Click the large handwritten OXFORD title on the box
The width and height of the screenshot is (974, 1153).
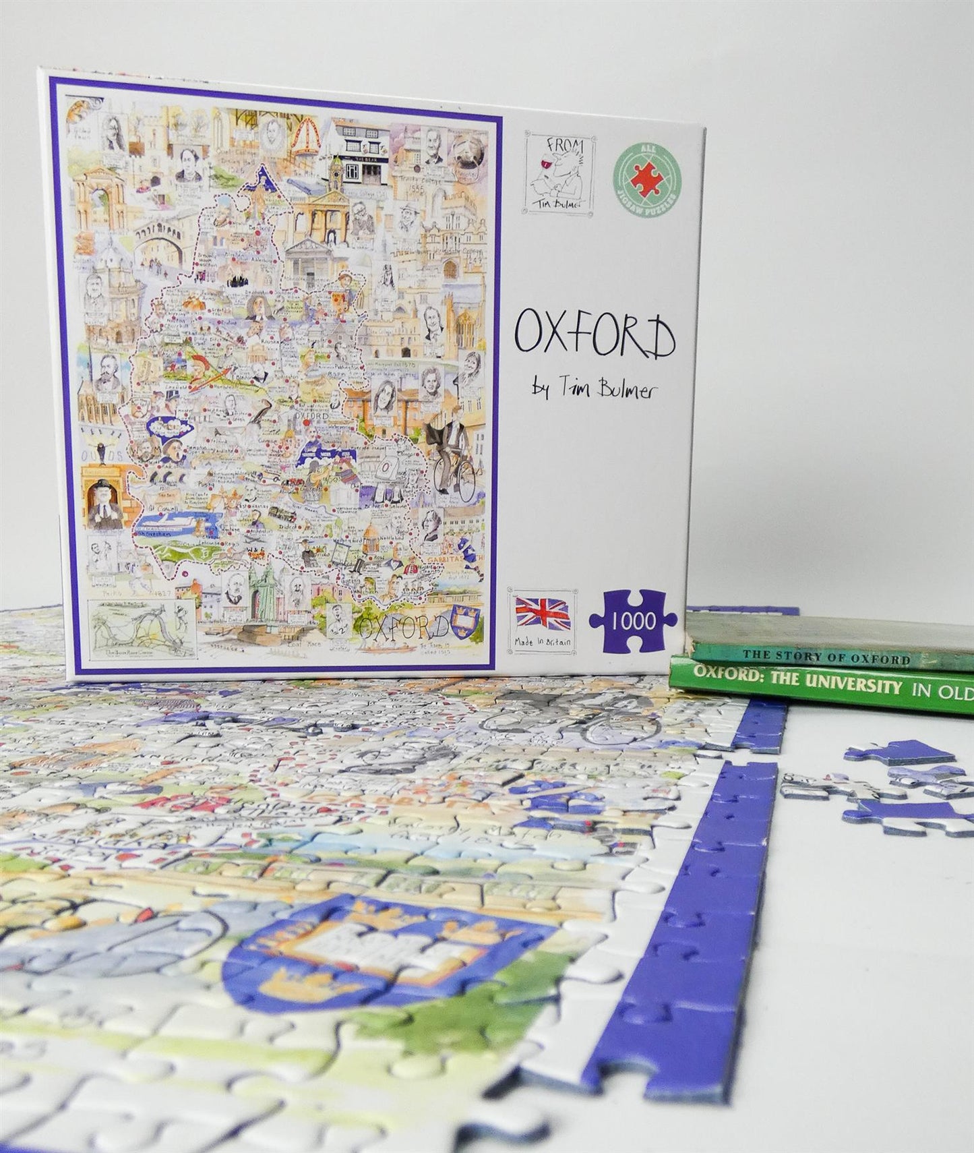595,338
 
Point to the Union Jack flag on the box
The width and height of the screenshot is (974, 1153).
543,613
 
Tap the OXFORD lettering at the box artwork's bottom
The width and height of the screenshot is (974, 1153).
403,626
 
